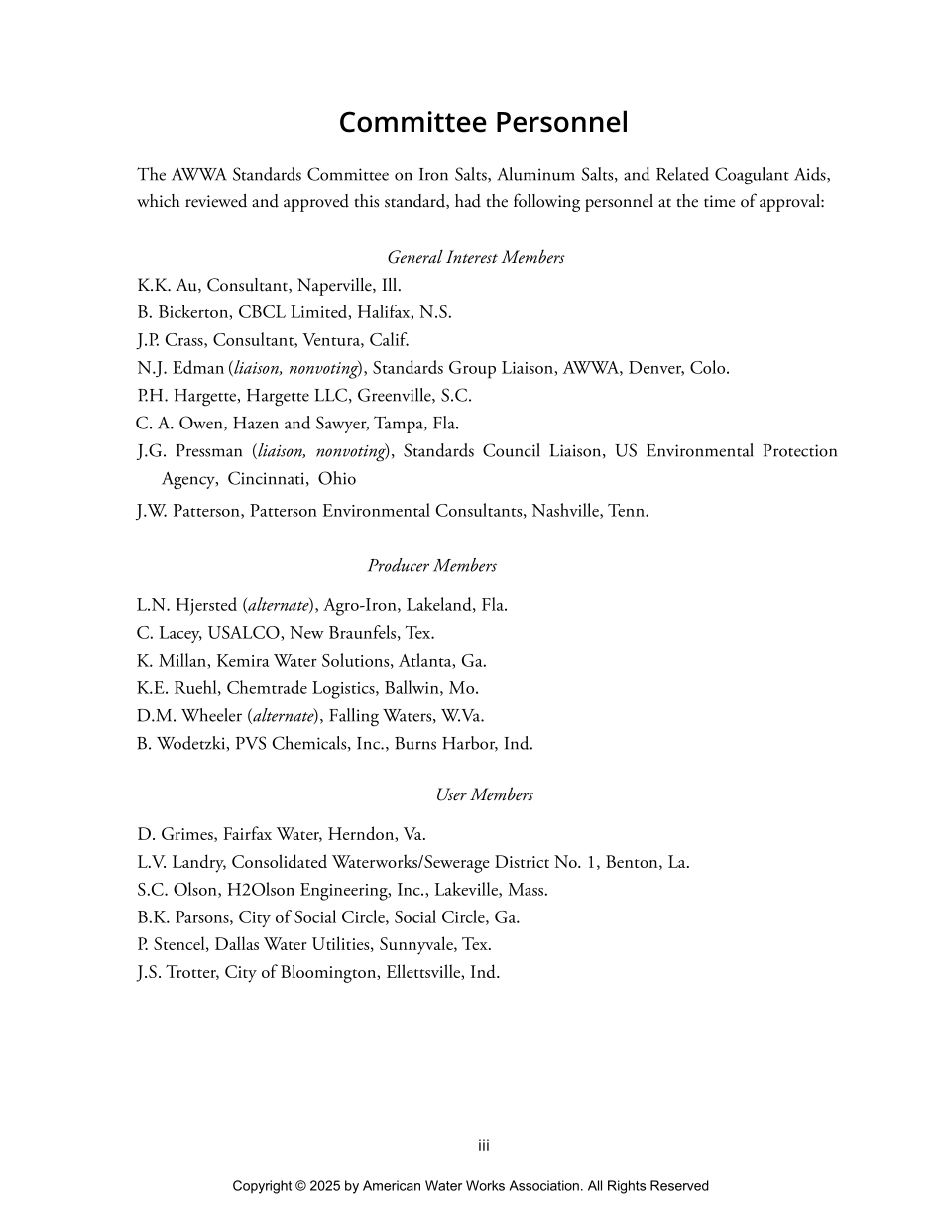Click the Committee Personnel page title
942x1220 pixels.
coord(483,122)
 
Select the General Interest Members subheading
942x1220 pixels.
coord(475,258)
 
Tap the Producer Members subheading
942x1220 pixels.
coord(431,566)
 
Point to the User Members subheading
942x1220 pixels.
coord(484,795)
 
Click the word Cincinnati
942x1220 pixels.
coord(267,479)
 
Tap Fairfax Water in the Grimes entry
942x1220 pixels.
coord(270,835)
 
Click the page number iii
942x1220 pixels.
coord(484,1146)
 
